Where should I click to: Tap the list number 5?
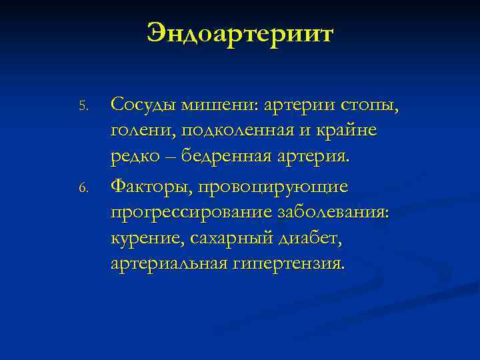[83, 107]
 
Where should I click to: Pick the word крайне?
[347, 131]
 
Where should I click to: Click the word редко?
[135, 158]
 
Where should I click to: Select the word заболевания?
[337, 212]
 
